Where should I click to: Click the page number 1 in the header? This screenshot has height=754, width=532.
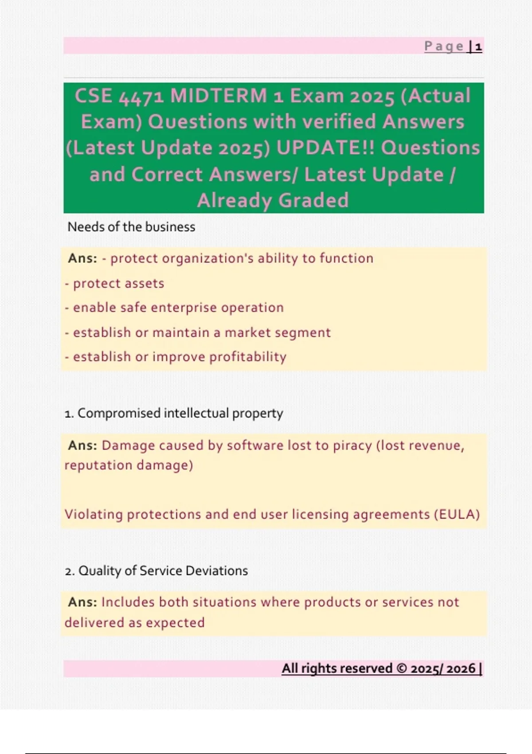pos(478,47)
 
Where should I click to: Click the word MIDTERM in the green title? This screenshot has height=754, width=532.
pos(219,96)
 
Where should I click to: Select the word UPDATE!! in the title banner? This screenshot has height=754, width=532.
pos(325,148)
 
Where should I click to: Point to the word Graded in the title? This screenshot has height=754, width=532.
pos(313,200)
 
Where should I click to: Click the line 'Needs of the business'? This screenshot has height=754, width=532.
pos(131,227)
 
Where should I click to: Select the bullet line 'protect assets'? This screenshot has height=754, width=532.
pos(114,284)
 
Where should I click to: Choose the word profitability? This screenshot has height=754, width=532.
pos(248,357)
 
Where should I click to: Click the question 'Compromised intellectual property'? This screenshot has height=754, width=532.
pos(180,413)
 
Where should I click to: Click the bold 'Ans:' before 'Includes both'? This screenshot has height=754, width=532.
pos(82,602)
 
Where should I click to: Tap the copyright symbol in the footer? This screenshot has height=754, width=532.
pos(402,668)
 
